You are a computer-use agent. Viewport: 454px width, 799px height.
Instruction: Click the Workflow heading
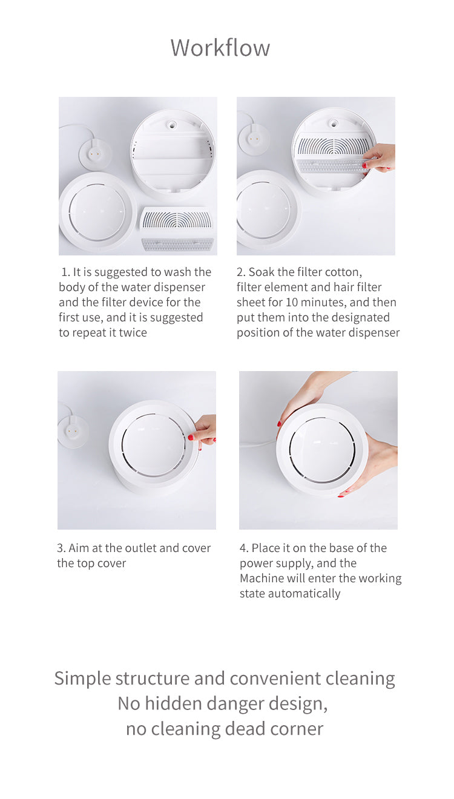click(x=220, y=47)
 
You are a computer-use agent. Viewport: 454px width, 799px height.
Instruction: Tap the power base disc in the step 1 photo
click(x=95, y=155)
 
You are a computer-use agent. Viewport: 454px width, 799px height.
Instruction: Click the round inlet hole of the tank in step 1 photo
click(x=171, y=125)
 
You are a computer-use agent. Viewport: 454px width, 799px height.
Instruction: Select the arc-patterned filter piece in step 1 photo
click(x=177, y=220)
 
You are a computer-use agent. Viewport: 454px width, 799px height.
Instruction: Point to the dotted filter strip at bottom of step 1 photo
click(x=177, y=245)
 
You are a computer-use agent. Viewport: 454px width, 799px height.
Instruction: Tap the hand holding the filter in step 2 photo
click(x=379, y=157)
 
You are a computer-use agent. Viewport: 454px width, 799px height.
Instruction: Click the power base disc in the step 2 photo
click(x=254, y=139)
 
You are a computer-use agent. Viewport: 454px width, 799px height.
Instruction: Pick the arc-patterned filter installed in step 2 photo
click(x=334, y=145)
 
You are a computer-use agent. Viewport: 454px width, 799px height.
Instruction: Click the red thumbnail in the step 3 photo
click(x=191, y=437)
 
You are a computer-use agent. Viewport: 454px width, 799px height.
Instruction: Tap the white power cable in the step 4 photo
click(x=258, y=444)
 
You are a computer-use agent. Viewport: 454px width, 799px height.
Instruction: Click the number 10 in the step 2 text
click(x=292, y=302)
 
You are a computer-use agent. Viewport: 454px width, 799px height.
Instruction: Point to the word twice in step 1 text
click(x=133, y=332)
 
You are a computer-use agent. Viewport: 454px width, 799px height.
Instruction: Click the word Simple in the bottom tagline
click(x=83, y=679)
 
